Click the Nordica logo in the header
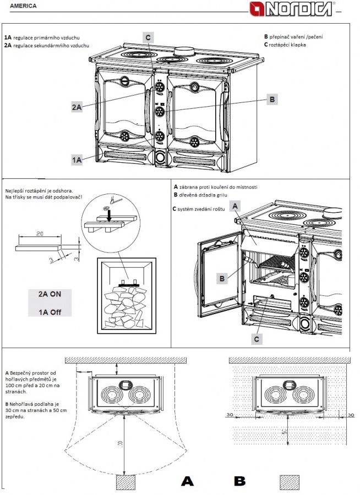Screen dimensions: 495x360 [301, 8]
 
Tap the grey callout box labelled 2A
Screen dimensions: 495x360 [77, 107]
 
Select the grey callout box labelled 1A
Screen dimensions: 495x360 [77, 160]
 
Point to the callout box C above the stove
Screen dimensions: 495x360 [148, 37]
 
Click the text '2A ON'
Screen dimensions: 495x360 [50, 294]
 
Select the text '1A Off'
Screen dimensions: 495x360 [50, 312]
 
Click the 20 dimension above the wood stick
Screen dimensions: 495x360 [40, 234]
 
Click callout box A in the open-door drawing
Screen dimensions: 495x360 [236, 206]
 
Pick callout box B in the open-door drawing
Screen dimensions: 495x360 [222, 279]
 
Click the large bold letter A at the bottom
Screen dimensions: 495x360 [188, 481]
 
